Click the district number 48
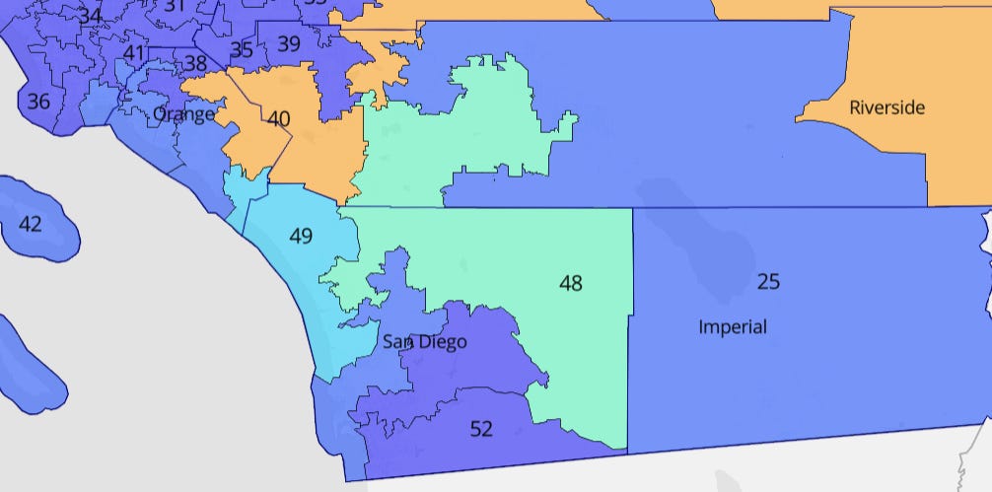(x=570, y=284)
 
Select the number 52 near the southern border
(x=481, y=429)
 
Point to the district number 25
(x=768, y=282)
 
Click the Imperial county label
(x=732, y=326)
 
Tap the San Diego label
(x=424, y=342)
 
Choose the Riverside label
(x=886, y=107)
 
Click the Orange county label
(x=183, y=114)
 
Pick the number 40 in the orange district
(x=279, y=118)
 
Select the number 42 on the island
(x=31, y=225)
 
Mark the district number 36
(x=38, y=101)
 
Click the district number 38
(x=195, y=64)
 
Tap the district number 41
(x=134, y=53)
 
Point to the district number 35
(x=241, y=50)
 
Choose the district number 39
(x=289, y=43)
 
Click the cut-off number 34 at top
(x=90, y=15)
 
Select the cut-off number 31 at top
(x=174, y=6)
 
